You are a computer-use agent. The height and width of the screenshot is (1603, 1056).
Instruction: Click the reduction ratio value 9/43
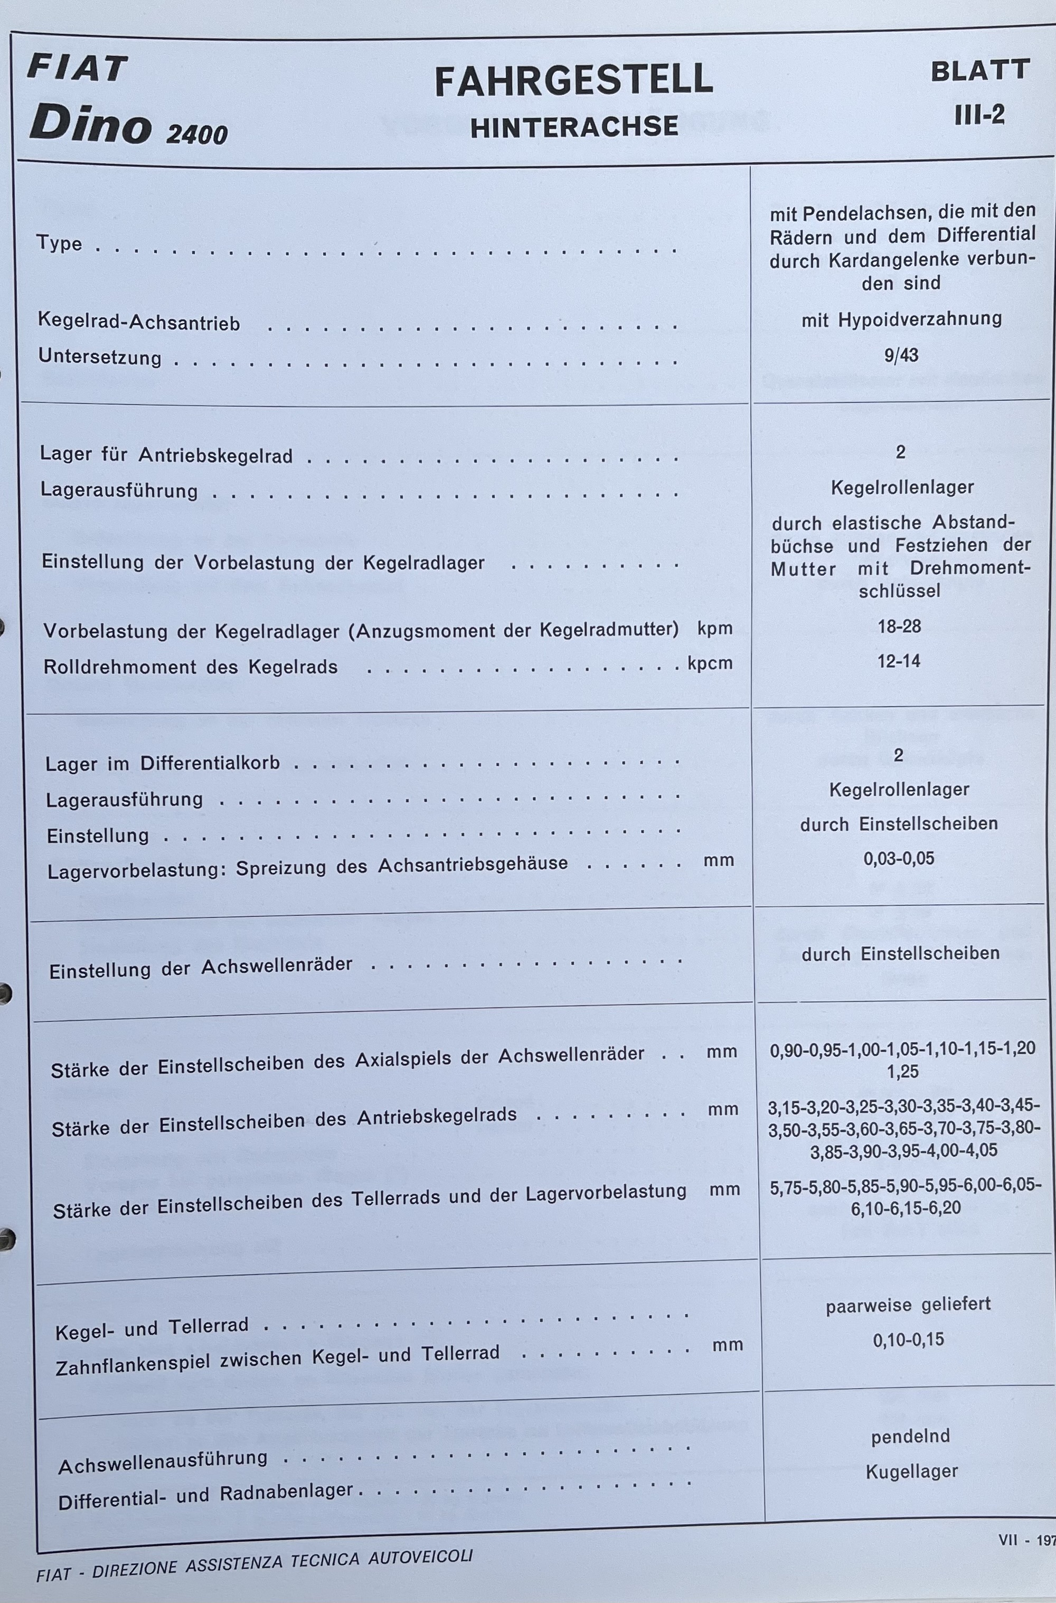[901, 355]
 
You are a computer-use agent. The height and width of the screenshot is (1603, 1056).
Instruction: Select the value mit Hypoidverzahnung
[901, 319]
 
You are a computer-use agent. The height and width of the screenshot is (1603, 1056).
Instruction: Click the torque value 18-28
[899, 626]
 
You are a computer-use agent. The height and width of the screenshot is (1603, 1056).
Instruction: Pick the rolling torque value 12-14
[899, 661]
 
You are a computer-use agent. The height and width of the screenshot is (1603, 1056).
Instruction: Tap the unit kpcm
[710, 663]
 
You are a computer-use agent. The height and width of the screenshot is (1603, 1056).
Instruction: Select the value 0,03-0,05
[899, 859]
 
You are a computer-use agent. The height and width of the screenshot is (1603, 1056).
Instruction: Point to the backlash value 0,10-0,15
[909, 1339]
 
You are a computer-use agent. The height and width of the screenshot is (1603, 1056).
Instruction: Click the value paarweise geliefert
[909, 1305]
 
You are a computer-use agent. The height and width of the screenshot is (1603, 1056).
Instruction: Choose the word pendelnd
[910, 1437]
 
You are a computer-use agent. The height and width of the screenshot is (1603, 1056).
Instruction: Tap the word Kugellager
[912, 1471]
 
